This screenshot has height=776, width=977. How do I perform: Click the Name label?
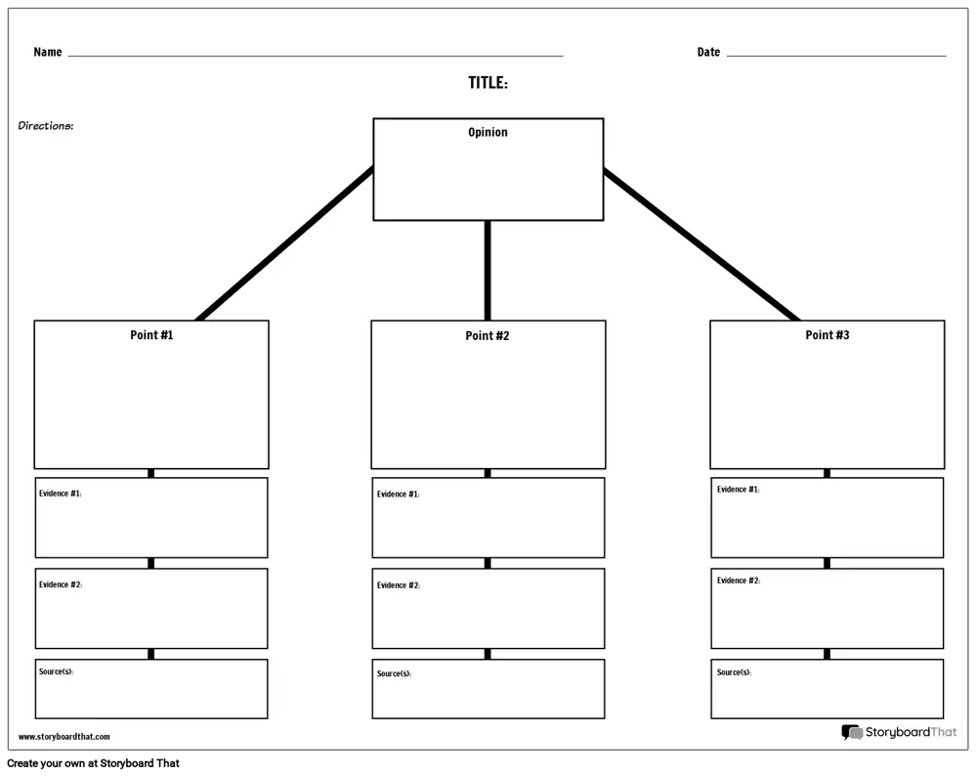[x=47, y=52]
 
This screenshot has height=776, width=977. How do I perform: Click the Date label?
[x=708, y=52]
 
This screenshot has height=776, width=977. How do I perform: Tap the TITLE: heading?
[x=488, y=83]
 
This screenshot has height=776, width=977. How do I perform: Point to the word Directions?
[x=46, y=125]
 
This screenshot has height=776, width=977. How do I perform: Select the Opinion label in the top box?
[x=488, y=132]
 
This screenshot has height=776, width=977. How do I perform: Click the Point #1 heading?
[x=151, y=334]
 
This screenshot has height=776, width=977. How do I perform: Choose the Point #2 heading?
[x=488, y=336]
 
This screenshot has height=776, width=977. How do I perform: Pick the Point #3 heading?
[x=827, y=334]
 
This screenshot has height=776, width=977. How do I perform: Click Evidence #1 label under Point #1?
[x=60, y=493]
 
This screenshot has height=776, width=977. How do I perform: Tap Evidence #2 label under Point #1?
[x=61, y=584]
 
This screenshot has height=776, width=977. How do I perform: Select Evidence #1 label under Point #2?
[x=399, y=494]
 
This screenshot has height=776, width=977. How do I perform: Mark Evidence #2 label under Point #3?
[x=739, y=581]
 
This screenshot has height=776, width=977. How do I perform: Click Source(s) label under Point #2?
[x=394, y=673]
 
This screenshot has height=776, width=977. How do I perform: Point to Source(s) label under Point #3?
[x=734, y=671]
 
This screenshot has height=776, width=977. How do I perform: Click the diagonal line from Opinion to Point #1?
[x=284, y=243]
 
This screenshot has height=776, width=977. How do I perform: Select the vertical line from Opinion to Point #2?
[x=488, y=271]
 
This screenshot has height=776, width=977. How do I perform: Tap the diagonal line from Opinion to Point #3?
[x=701, y=244]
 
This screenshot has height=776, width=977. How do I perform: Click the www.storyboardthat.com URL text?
[x=64, y=737]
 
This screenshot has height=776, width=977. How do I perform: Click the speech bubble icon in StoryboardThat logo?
[x=852, y=732]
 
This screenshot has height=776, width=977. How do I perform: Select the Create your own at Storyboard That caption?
[x=94, y=763]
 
